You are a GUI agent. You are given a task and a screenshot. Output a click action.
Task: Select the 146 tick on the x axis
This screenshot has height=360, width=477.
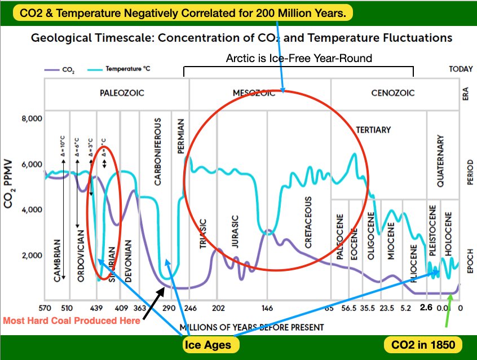click(x=267, y=308)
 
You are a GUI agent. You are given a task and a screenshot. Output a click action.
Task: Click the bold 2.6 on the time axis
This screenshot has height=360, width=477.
click(x=426, y=308)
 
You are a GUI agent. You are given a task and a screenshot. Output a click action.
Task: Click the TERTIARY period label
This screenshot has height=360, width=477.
click(x=373, y=130)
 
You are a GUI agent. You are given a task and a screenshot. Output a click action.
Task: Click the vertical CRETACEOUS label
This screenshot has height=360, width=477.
click(x=308, y=223)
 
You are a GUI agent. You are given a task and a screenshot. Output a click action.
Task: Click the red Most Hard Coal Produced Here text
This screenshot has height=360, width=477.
click(x=72, y=321)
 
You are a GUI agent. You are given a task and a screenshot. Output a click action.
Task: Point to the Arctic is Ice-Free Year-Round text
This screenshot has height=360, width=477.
click(x=299, y=58)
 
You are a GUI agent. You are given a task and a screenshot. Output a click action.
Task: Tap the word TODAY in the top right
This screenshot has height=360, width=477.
click(x=461, y=69)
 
